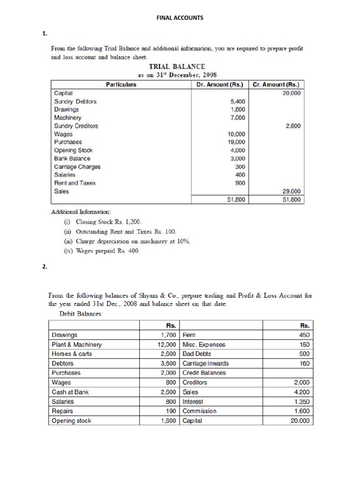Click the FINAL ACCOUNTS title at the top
[x=180, y=18]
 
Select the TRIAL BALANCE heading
[x=177, y=67]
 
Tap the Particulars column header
[x=121, y=85]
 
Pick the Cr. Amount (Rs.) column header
[x=276, y=85]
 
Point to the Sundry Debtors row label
[x=75, y=101]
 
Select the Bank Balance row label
[x=72, y=158]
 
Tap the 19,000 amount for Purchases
[x=236, y=142]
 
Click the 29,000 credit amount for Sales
[x=292, y=191]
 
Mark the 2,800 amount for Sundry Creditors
[x=293, y=126]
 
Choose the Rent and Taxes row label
[x=75, y=183]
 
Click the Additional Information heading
[x=81, y=211]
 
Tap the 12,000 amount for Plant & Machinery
[x=166, y=345]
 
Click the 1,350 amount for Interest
[x=301, y=402]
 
